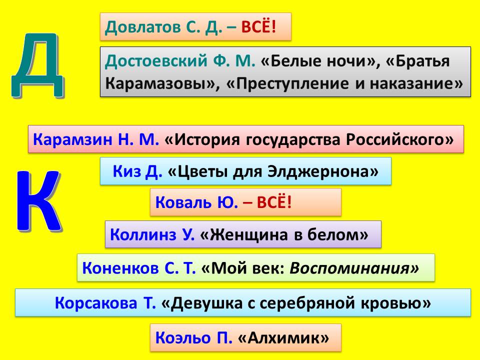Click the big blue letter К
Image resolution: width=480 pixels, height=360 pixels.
38,200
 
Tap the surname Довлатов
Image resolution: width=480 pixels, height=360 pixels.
142,27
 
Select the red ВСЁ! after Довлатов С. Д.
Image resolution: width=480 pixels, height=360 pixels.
258,27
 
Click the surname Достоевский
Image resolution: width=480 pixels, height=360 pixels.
156,61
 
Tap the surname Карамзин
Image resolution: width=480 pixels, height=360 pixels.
72,139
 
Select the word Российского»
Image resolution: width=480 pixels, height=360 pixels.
400,139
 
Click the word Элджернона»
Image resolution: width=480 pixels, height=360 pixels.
323,171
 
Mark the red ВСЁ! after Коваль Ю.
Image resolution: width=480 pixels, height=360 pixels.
274,202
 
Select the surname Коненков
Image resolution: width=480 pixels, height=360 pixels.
120,268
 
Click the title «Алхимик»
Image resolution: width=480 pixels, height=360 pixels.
283,337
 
